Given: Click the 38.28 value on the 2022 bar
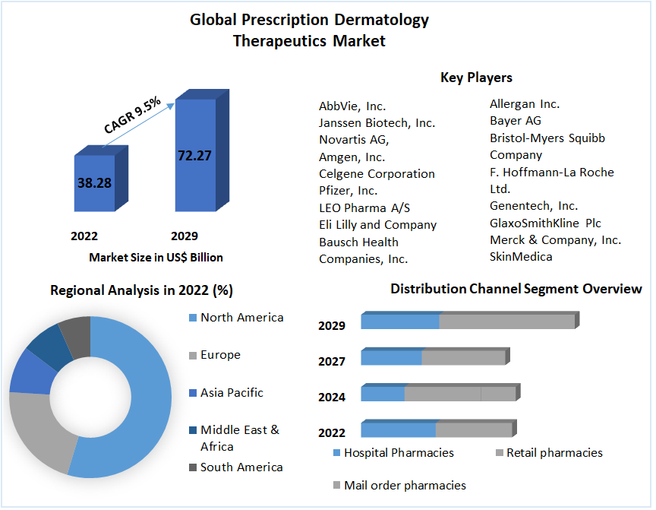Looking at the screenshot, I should point(93,183).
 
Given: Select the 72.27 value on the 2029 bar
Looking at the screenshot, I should point(194,156).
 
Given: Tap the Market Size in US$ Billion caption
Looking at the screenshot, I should point(156,258).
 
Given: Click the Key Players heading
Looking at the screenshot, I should point(476,78).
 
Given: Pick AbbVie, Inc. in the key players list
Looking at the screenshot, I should point(352,106).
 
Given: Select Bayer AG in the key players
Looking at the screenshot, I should point(516,121).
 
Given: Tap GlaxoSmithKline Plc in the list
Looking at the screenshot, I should point(545,223).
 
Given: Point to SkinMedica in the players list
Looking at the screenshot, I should point(521,257).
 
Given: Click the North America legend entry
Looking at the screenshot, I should point(241,318).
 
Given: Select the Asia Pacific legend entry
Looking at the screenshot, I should point(232,393).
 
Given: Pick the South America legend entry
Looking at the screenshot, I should point(241,467).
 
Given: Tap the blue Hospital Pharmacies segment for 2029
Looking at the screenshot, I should point(400,322).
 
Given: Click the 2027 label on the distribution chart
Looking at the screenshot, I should point(332,362).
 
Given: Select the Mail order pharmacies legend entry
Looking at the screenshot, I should point(405,485).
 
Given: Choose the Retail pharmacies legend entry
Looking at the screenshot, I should point(554,453).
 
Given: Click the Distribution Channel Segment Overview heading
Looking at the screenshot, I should point(516,289).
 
